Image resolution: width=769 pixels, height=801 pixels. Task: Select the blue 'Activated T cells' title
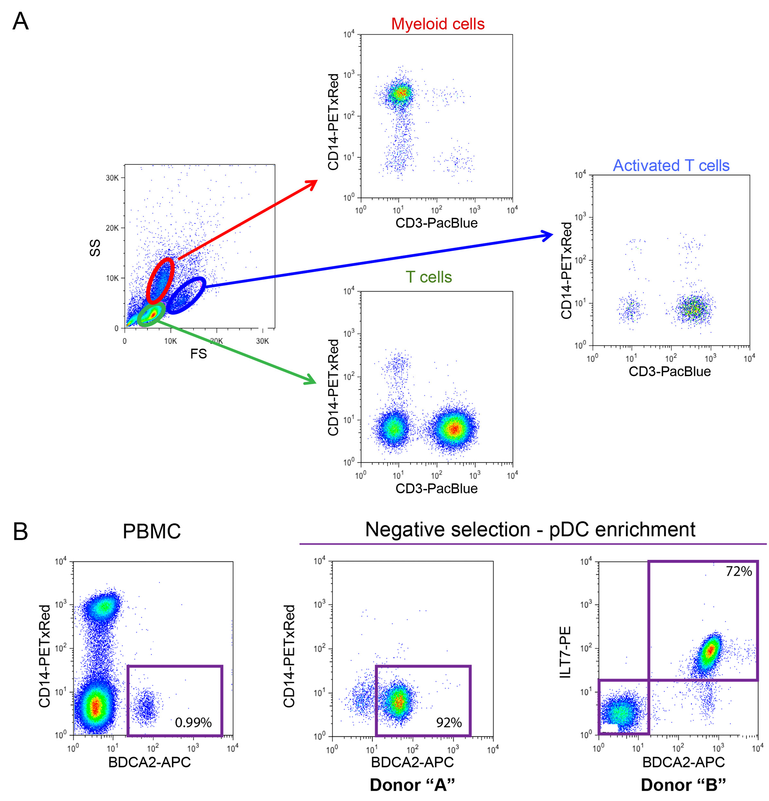671,166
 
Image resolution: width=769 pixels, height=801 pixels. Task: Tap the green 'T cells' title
429,277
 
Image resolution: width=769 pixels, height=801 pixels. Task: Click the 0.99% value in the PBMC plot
193,723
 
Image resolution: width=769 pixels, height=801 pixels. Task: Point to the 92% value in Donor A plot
449,723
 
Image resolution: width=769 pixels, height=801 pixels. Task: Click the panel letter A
21,21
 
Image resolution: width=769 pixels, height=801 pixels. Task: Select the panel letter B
21,531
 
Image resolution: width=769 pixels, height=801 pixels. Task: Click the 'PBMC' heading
152,531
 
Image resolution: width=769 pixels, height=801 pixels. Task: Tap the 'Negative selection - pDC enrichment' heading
530,530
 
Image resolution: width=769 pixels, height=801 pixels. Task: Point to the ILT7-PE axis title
565,652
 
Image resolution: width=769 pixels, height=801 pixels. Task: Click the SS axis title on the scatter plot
95,248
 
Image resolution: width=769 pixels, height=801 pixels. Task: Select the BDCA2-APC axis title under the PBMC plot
150,762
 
